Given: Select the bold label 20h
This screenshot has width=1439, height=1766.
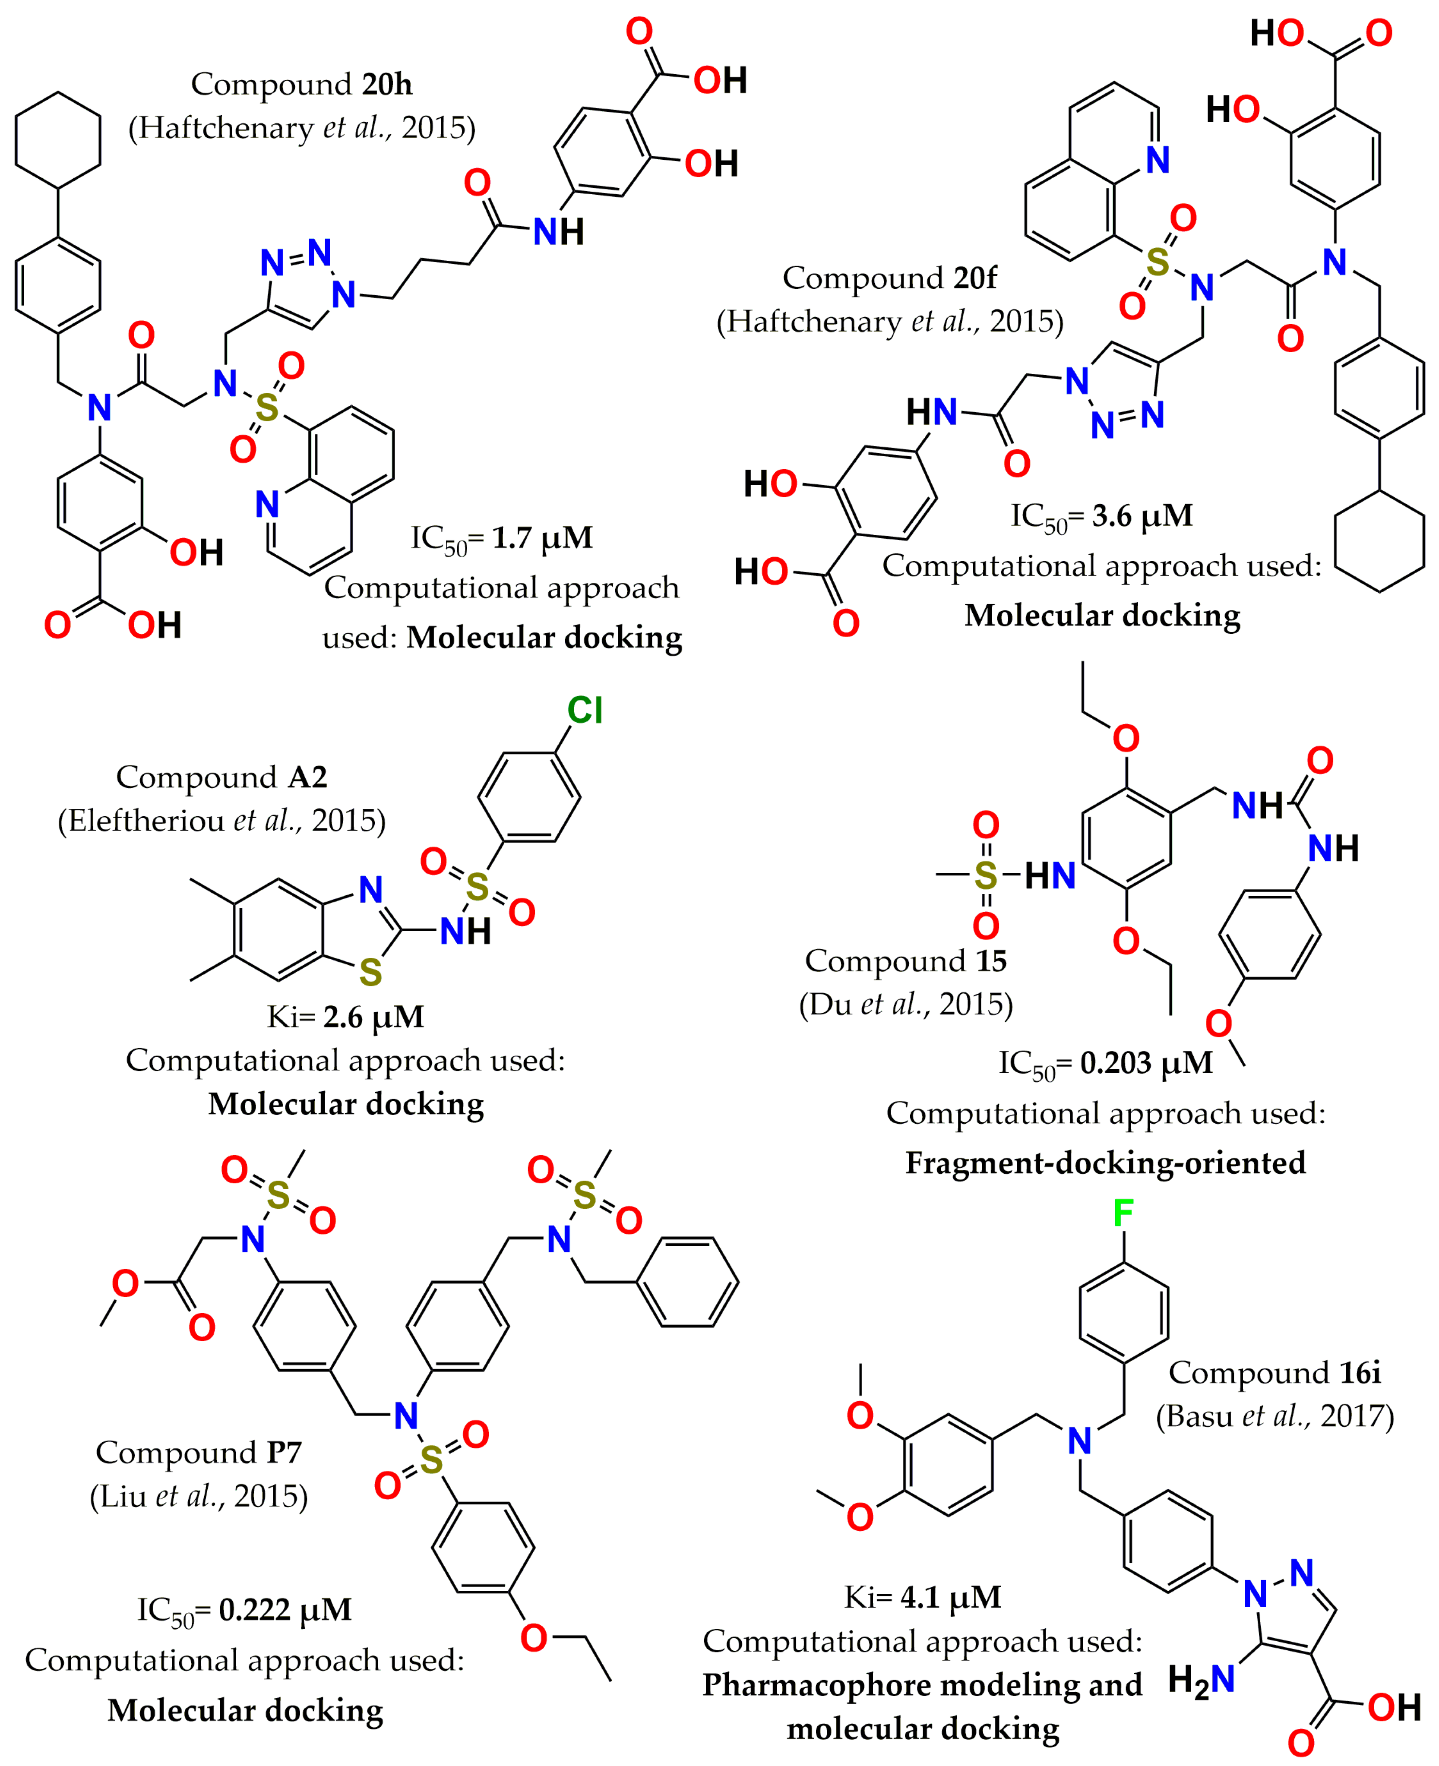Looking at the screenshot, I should [x=387, y=85].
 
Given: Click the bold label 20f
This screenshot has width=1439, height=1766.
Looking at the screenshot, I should [x=975, y=278].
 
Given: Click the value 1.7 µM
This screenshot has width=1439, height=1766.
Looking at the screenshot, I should [x=542, y=538].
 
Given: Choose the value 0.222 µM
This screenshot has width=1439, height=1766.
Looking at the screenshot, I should [x=285, y=1610].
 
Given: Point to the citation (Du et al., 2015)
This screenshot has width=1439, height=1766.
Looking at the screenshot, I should [x=906, y=1005].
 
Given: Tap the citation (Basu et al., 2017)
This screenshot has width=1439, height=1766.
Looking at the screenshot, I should [x=1275, y=1416].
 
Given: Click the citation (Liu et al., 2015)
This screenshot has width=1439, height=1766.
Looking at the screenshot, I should [x=199, y=1496].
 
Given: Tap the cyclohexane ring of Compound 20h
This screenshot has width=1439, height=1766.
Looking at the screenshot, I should [x=58, y=140].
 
